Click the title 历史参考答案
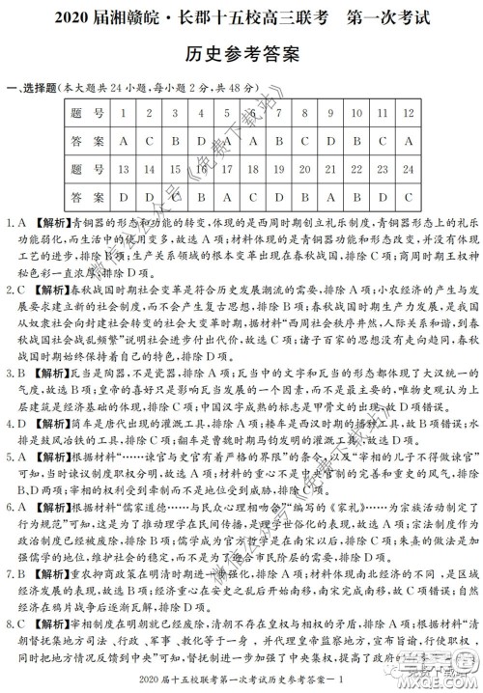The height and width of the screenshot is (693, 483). point(241,54)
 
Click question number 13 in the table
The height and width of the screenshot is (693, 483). point(125,170)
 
